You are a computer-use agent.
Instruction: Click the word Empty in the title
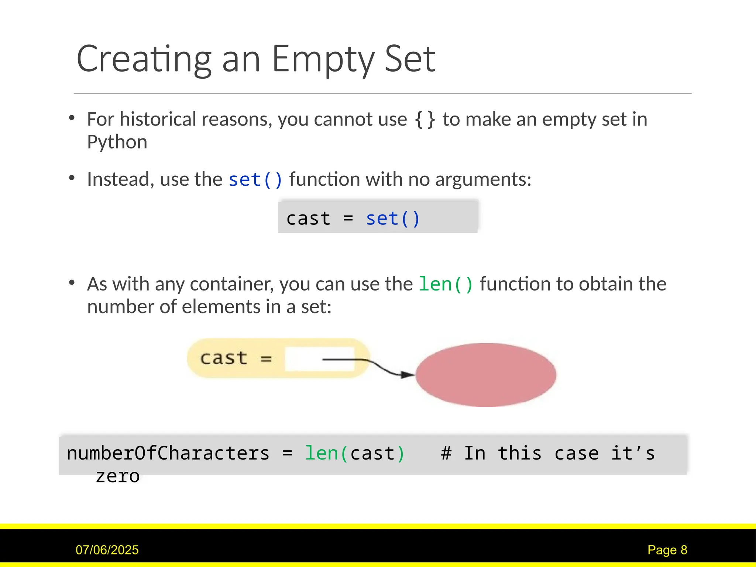pyautogui.click(x=323, y=59)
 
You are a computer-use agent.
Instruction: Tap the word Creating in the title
pyautogui.click(x=144, y=59)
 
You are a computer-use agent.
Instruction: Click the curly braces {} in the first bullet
pyautogui.click(x=425, y=120)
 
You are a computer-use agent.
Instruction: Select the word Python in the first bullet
pyautogui.click(x=117, y=142)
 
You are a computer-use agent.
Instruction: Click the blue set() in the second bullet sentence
pyautogui.click(x=255, y=180)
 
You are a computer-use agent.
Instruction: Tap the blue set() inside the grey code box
pyautogui.click(x=393, y=219)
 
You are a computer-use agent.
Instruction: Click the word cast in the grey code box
pyautogui.click(x=308, y=219)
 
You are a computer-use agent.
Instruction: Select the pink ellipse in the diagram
pyautogui.click(x=486, y=375)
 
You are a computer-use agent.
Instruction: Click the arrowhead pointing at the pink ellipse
pyautogui.click(x=408, y=375)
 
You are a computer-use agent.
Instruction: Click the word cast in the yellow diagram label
pyautogui.click(x=223, y=358)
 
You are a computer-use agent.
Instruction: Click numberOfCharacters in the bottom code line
pyautogui.click(x=168, y=453)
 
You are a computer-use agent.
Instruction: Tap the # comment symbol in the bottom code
pyautogui.click(x=446, y=453)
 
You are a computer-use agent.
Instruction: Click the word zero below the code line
pyautogui.click(x=117, y=476)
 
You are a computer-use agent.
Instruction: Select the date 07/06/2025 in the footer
pyautogui.click(x=107, y=550)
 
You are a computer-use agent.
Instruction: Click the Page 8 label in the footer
pyautogui.click(x=667, y=550)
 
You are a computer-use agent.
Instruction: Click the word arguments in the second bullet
pyautogui.click(x=483, y=180)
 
